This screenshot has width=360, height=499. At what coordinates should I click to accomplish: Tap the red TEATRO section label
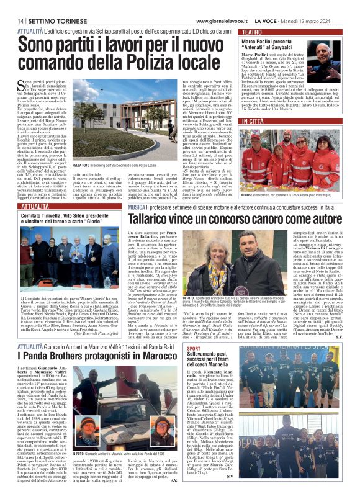(x=252, y=31)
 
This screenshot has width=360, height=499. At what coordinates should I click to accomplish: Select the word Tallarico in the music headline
(x=156, y=219)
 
